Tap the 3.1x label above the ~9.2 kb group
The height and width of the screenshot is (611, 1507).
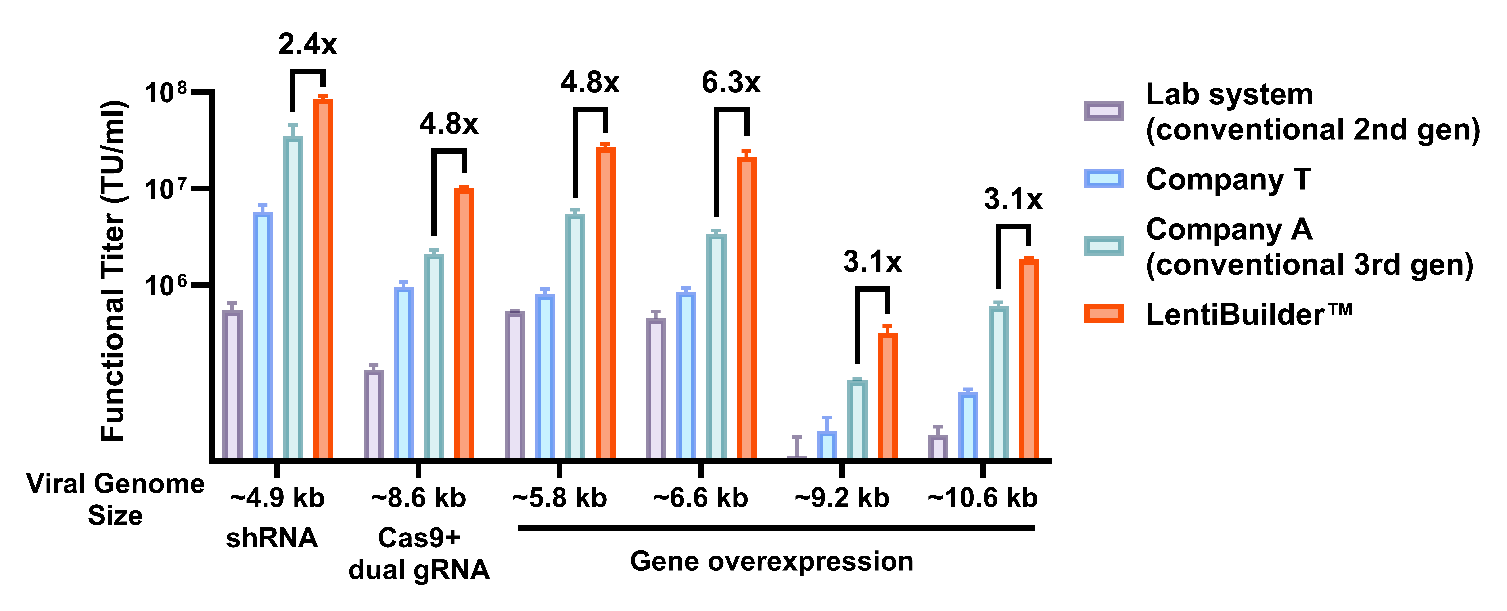pyautogui.click(x=872, y=262)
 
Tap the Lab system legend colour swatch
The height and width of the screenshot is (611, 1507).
pyautogui.click(x=1103, y=110)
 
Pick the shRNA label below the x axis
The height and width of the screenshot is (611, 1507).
pyautogui.click(x=272, y=538)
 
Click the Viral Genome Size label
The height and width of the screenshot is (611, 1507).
pyautogui.click(x=115, y=499)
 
